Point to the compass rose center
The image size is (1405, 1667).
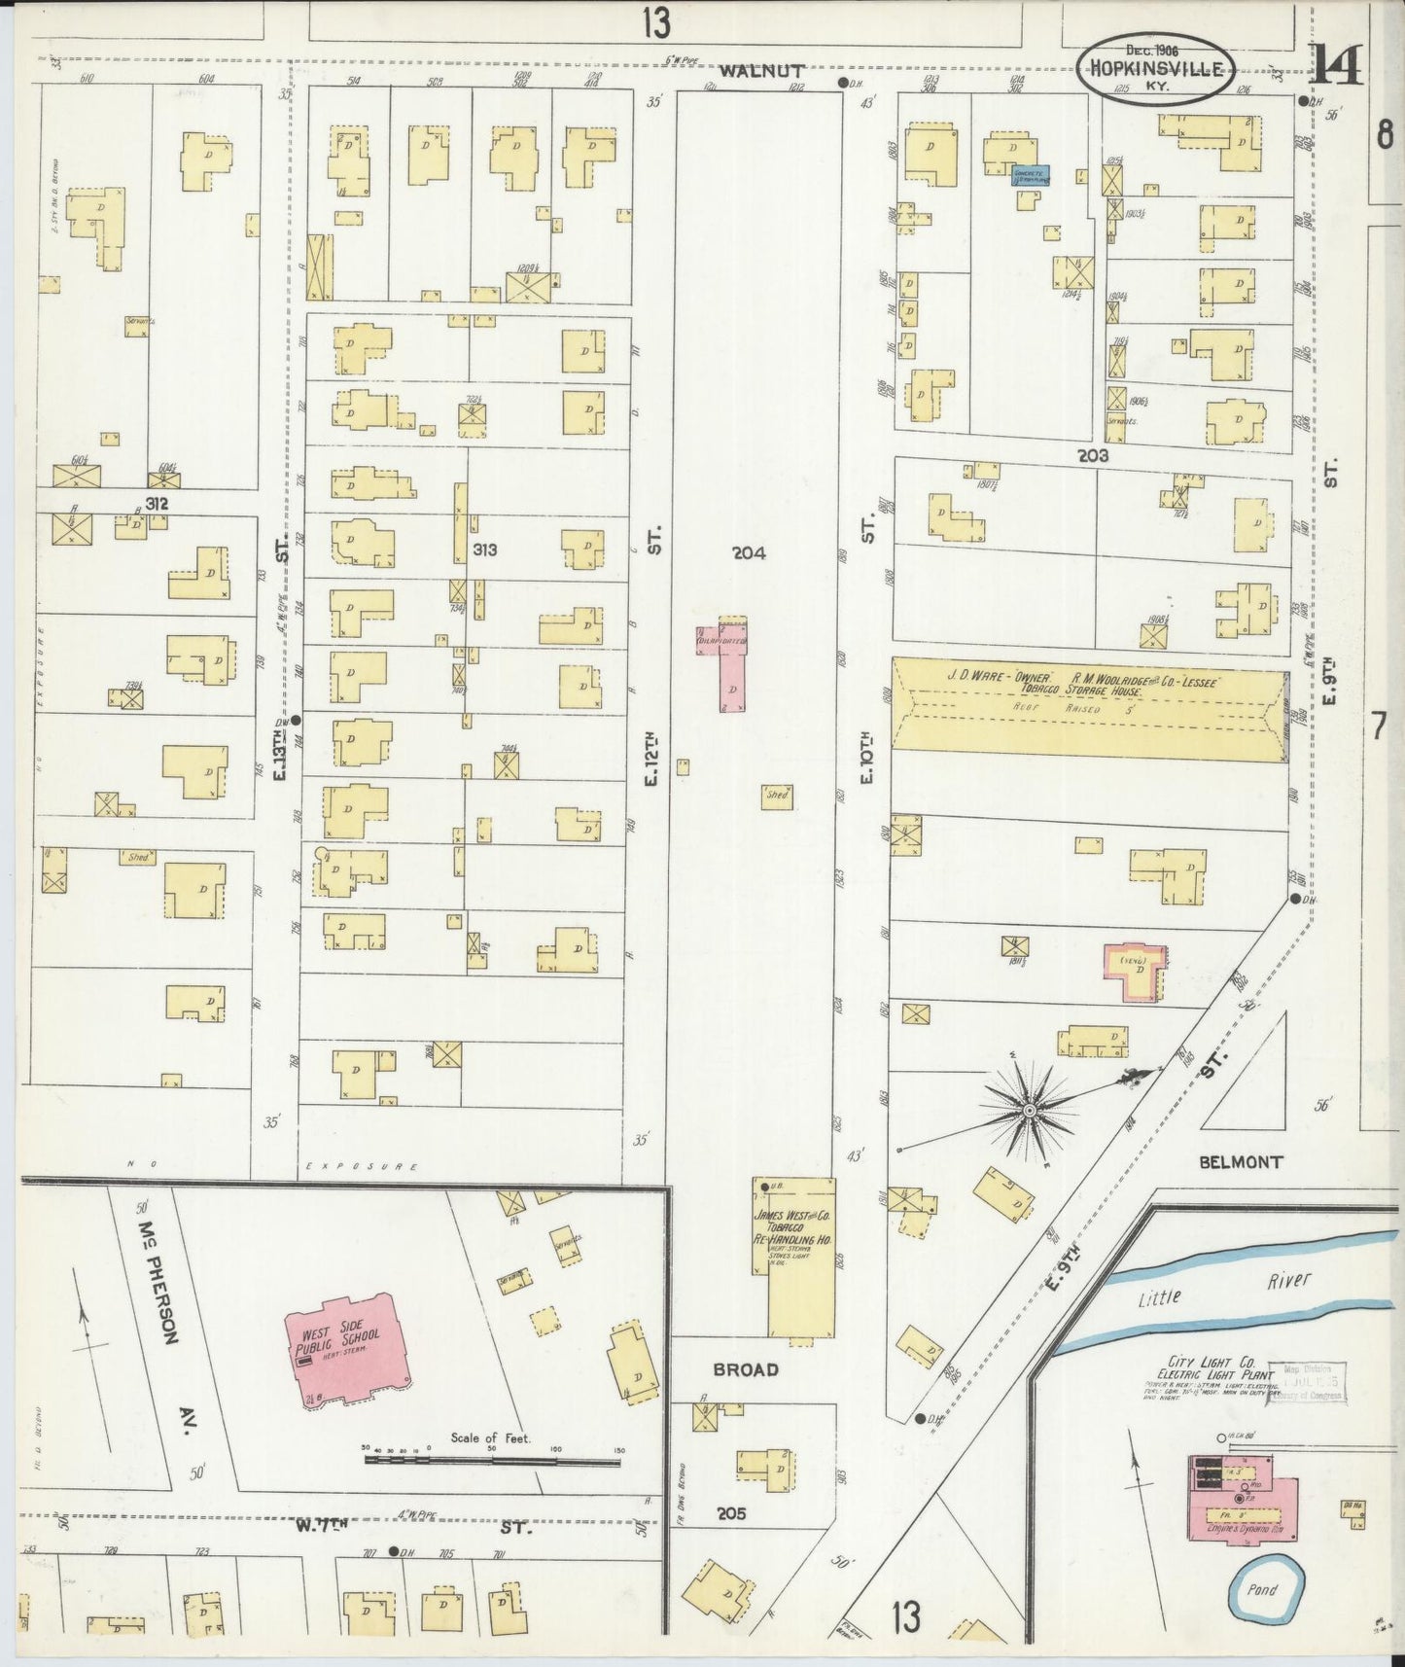[x=1029, y=1110]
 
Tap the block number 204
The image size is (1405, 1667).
[x=749, y=552]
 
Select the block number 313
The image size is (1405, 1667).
[x=484, y=550]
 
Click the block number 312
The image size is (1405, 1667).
[x=158, y=503]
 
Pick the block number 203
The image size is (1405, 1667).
[x=1093, y=454]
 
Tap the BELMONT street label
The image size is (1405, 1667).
[x=1241, y=1161]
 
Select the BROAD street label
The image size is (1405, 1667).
[x=746, y=1368]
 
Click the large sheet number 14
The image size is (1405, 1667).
[x=1340, y=66]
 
